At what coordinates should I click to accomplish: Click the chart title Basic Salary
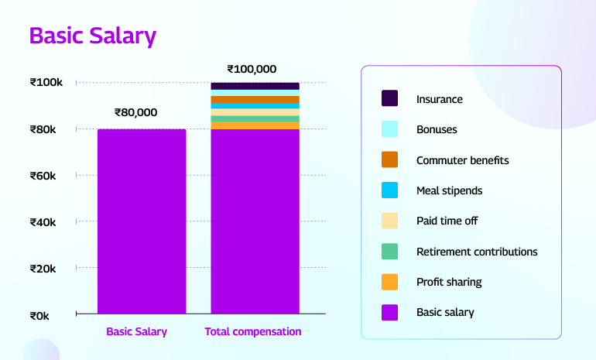coord(92,36)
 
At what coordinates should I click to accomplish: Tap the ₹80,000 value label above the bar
coord(135,112)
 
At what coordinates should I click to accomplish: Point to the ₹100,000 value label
coord(252,69)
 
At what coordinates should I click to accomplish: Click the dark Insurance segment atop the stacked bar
coord(255,86)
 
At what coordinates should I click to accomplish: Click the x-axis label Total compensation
coord(252,331)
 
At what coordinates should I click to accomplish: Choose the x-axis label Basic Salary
coord(136,331)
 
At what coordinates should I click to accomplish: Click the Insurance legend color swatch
coord(389,98)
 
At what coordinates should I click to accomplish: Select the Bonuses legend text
coord(437,129)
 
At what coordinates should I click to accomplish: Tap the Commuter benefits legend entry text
coord(462,160)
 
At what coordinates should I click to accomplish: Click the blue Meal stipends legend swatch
coord(389,190)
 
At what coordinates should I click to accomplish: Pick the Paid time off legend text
coord(447,221)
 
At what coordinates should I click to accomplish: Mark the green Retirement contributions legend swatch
coord(389,252)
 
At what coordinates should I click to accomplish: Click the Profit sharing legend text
coord(449,282)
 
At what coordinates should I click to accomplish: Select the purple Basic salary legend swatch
coord(389,312)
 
